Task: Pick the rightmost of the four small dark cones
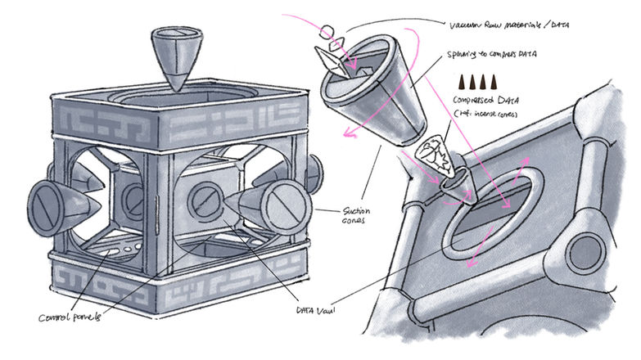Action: click(499, 83)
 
